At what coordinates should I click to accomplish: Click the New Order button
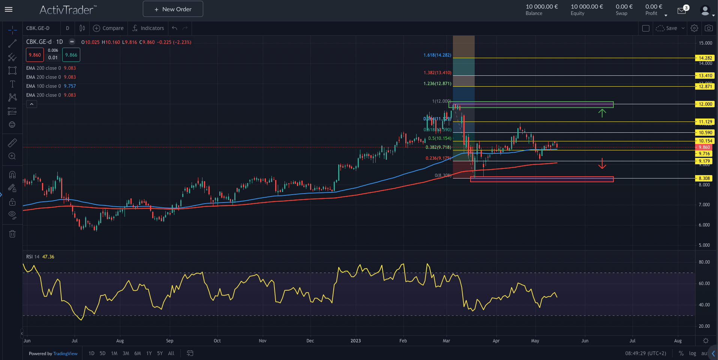click(173, 9)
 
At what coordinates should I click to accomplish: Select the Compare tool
click(108, 28)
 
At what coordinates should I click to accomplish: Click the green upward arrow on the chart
click(602, 113)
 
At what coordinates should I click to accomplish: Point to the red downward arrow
click(602, 163)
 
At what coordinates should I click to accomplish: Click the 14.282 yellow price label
click(705, 58)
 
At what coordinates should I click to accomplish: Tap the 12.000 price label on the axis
click(705, 104)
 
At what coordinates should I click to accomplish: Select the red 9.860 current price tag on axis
click(705, 147)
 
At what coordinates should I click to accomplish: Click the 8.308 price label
click(705, 178)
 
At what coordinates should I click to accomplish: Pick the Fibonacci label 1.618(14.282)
click(437, 55)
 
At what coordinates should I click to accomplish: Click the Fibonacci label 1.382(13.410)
click(437, 73)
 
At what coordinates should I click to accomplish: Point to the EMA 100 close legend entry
click(43, 86)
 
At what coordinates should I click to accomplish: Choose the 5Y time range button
click(160, 353)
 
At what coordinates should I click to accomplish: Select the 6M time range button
click(138, 353)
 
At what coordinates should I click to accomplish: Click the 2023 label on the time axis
click(355, 341)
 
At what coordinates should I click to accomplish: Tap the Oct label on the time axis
click(217, 341)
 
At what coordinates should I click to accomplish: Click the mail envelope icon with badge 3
click(682, 10)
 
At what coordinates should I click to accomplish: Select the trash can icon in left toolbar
click(12, 234)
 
